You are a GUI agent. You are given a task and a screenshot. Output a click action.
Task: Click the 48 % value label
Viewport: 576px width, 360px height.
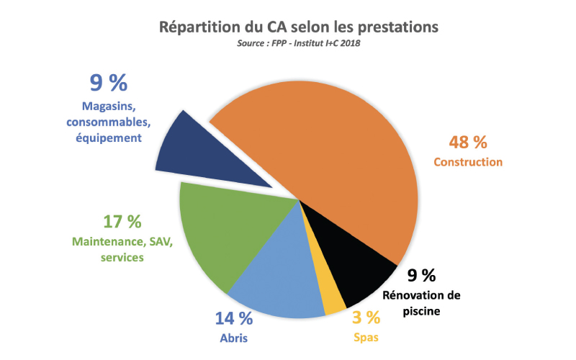tap(469, 141)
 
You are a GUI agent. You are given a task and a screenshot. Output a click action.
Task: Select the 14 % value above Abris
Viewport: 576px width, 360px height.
tap(233, 318)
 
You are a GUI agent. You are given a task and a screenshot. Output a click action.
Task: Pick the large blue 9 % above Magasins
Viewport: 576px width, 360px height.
tap(108, 84)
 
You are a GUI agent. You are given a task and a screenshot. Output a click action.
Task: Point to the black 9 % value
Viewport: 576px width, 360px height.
tap(421, 275)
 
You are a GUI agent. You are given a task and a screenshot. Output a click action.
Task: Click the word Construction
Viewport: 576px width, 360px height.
tap(468, 162)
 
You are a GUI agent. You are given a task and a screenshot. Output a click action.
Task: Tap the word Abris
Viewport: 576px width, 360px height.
tap(234, 336)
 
